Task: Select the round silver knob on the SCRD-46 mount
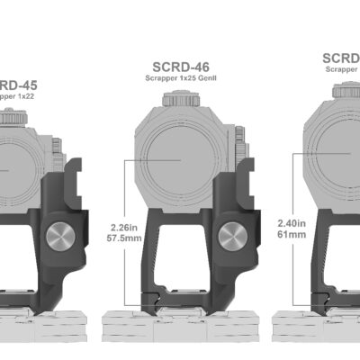[232, 238]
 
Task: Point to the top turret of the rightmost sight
[346, 91]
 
